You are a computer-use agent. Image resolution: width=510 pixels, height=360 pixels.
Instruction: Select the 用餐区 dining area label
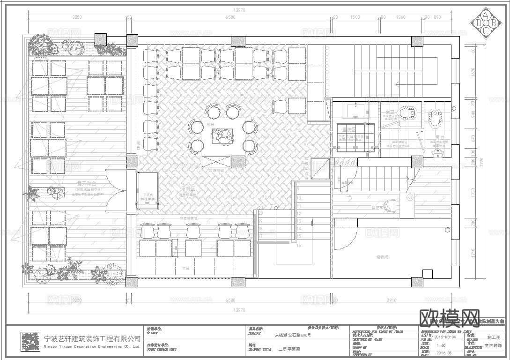(x=187, y=188)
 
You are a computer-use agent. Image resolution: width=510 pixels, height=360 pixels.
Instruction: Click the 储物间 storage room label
(x=383, y=256)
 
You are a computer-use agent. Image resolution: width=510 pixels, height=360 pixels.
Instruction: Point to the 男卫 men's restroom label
(x=439, y=137)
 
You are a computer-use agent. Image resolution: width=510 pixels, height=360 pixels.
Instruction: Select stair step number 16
(x=299, y=245)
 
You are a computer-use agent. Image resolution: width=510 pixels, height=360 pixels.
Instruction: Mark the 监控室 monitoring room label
(x=377, y=207)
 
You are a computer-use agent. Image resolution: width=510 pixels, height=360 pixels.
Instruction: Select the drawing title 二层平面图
(x=289, y=350)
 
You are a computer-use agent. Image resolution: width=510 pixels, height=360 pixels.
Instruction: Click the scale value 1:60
(x=441, y=345)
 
